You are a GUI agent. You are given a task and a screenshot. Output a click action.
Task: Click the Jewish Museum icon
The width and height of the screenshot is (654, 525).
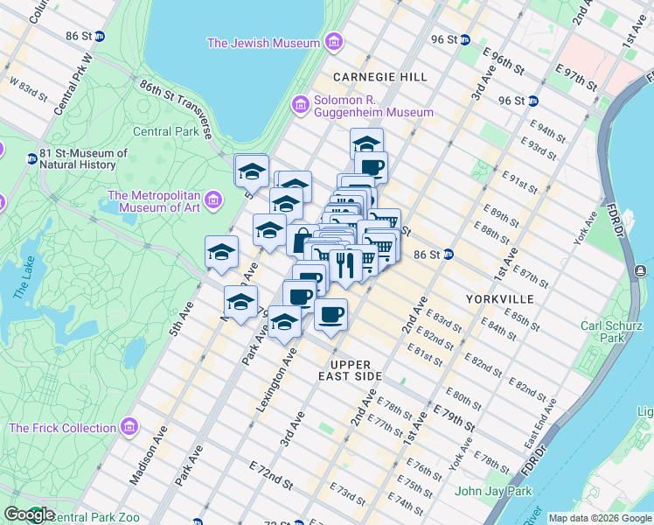pyautogui.click(x=333, y=42)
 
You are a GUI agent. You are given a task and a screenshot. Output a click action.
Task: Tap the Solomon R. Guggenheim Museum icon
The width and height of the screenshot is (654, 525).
pyautogui.click(x=300, y=105)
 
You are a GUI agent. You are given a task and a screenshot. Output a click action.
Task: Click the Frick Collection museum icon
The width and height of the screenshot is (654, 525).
pyautogui.click(x=129, y=428)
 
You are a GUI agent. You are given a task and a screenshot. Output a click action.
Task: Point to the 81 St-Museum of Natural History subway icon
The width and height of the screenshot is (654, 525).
pyautogui.click(x=32, y=158)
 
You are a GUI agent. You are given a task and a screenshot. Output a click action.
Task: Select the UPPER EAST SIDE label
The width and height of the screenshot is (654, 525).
pyautogui.click(x=357, y=369)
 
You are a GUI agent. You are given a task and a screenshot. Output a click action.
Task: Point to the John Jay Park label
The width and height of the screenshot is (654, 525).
pyautogui.click(x=493, y=491)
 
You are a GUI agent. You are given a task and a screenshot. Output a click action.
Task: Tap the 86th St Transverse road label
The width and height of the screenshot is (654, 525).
pyautogui.click(x=175, y=108)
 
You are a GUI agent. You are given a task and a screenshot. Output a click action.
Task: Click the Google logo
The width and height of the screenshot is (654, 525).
pyautogui.click(x=29, y=514)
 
